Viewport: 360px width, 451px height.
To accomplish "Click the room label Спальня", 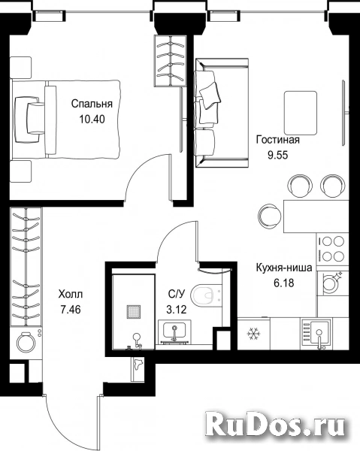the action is pos(92,104).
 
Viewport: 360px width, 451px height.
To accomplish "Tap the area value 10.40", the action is pos(92,119).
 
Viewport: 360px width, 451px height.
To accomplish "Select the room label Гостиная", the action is pos(278,140).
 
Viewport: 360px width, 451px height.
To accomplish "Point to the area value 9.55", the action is pos(278,156).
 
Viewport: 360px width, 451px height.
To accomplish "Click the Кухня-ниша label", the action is pos(284,268).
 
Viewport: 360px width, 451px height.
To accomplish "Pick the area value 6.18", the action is pos(284,283).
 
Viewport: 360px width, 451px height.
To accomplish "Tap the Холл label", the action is pos(71,294).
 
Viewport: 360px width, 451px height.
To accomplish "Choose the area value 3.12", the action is pos(177,310).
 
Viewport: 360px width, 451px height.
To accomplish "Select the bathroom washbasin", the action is pos(174,331).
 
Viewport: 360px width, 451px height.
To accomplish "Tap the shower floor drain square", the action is pos(134,312).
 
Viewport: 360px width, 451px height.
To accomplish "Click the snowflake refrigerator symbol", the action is pos(253,334).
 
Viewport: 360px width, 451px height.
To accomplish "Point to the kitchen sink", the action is pos(316,334).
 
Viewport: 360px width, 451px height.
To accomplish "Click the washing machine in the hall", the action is pos(26,342).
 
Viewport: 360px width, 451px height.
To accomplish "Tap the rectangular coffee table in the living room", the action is pos(301,113).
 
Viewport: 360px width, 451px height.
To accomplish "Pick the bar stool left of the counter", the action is pos(269,216).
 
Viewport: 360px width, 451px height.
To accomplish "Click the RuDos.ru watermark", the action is pos(276,425).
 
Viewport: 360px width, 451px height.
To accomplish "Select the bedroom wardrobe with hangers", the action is pos(171,61).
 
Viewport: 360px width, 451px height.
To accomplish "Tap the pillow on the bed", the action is pos(36,118).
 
